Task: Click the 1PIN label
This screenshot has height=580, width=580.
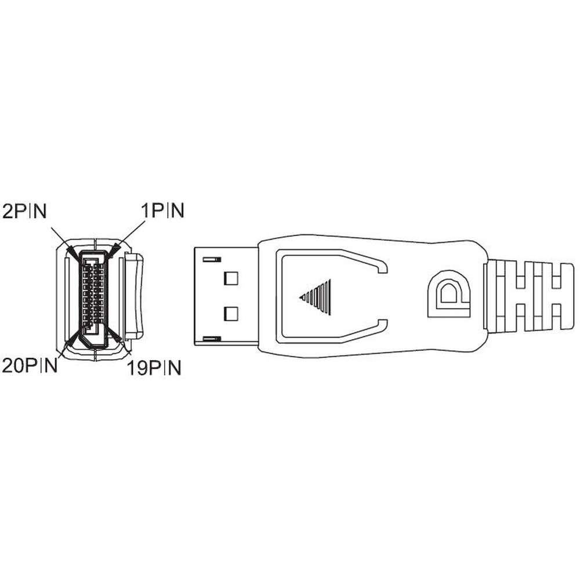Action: [x=162, y=211]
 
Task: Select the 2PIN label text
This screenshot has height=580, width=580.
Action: [x=24, y=211]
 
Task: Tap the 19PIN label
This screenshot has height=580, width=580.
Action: [x=154, y=368]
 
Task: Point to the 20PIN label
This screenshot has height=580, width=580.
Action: [x=30, y=365]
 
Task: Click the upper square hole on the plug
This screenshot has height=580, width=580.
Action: [x=231, y=278]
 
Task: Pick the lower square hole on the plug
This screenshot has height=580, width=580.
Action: [x=231, y=314]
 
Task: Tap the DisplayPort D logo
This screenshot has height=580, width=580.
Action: [x=449, y=295]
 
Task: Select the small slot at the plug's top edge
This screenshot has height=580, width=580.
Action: [x=212, y=260]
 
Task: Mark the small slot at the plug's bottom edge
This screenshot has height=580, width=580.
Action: [x=212, y=339]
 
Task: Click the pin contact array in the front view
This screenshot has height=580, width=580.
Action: [x=93, y=295]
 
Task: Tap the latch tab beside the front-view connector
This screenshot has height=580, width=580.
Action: [x=133, y=296]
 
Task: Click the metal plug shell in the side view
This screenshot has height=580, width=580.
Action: [x=226, y=296]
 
